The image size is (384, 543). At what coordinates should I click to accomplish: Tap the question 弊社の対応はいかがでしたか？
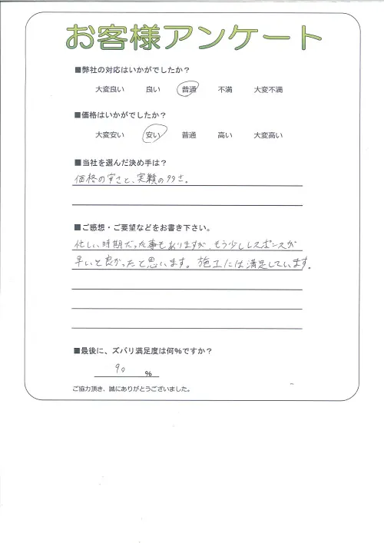tap(133, 71)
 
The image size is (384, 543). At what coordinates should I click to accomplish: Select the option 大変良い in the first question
tap(108, 91)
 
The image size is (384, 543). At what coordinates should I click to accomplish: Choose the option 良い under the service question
tap(152, 91)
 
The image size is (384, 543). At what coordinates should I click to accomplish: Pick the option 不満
tap(225, 91)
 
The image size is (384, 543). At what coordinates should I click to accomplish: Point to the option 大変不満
tap(268, 91)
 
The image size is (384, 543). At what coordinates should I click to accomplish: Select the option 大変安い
tap(108, 135)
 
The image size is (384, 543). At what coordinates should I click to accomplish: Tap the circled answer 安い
tap(152, 135)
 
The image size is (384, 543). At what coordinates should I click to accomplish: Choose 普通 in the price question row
tap(189, 135)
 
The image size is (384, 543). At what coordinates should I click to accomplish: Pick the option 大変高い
tap(268, 135)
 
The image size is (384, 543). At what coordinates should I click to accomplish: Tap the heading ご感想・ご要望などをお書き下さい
tap(141, 228)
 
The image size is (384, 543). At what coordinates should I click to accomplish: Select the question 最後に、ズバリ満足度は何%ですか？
tap(144, 351)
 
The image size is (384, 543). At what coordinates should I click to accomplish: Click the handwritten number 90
tap(120, 371)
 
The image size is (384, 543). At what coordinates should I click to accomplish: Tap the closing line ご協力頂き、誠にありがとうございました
tap(131, 389)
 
